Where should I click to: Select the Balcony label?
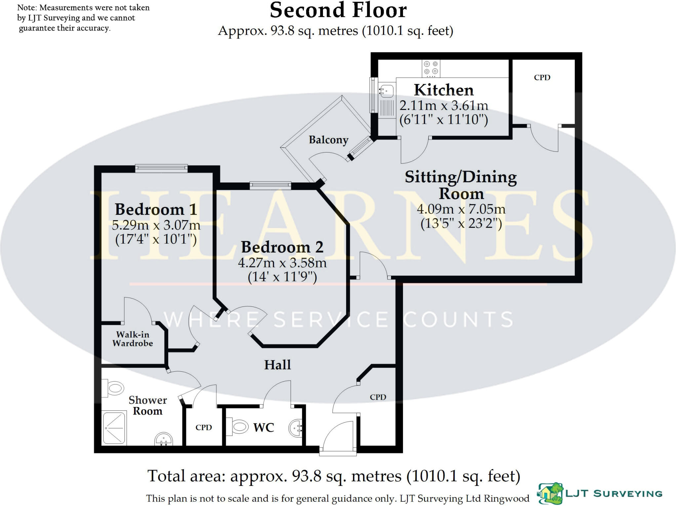pos(328,140)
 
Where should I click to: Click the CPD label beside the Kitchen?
pos(542,78)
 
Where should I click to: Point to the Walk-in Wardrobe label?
pos(133,339)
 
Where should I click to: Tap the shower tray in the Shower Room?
pos(114,427)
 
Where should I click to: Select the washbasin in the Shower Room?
pos(164,439)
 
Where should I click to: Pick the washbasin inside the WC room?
pos(296,428)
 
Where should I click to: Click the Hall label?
pos(277,365)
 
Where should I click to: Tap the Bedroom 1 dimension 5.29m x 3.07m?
pos(156,225)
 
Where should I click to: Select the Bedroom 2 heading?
pos(282,247)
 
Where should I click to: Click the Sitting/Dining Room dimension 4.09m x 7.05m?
pos(461,209)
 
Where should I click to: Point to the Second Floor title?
pos(338,11)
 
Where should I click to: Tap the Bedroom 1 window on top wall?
pos(161,168)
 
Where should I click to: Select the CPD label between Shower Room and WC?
pos(204,427)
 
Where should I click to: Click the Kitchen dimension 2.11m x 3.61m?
pos(444,106)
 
